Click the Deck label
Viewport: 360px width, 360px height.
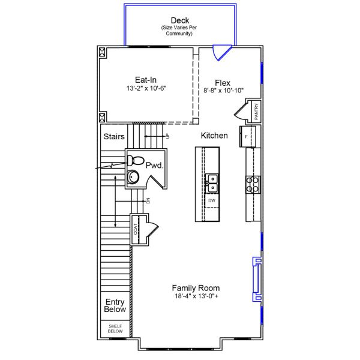coord(179,21)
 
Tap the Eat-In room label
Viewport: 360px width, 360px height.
coord(146,79)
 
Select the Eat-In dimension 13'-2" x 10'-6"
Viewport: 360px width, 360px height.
coord(146,88)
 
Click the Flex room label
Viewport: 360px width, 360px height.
coord(223,82)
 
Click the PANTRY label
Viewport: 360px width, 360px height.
coord(256,112)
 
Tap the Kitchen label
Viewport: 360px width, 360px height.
coord(214,136)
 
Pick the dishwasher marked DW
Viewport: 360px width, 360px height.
coord(212,200)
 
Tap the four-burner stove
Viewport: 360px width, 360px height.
coord(253,184)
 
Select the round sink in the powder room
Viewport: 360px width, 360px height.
coord(133,177)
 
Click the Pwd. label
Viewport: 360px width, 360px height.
coord(155,164)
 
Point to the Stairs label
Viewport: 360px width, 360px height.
coord(114,137)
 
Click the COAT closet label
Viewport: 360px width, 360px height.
coord(136,229)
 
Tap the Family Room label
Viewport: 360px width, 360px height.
coord(196,287)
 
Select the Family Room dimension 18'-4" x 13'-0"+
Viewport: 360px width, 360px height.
coord(196,296)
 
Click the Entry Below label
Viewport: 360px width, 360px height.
coord(115,306)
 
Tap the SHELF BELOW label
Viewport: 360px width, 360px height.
coord(115,329)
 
